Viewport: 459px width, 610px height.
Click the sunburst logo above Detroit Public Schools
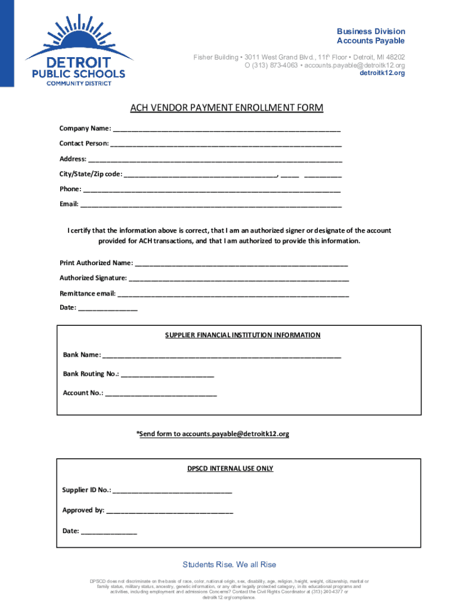78,36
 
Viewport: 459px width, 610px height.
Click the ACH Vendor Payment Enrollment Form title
227,108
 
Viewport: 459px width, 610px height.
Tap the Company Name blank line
227,129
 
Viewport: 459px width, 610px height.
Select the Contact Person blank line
226,144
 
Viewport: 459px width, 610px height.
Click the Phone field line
212,189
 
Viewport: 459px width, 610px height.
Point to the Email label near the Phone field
69,204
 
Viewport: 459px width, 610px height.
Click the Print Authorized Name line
241,263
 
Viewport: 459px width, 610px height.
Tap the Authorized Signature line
238,278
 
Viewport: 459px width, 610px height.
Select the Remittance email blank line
233,294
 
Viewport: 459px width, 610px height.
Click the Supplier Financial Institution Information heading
243,335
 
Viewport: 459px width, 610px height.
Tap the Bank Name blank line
222,355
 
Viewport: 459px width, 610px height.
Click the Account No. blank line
160,393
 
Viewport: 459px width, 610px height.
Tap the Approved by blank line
169,511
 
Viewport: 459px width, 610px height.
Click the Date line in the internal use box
108,531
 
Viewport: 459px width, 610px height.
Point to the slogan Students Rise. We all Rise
229,565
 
